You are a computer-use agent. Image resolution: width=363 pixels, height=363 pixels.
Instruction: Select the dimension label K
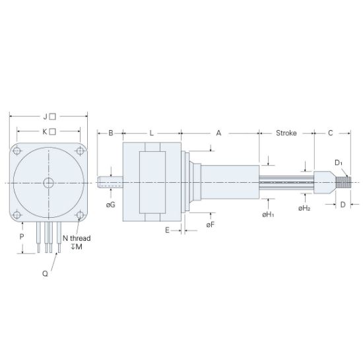pyautogui.click(x=46, y=131)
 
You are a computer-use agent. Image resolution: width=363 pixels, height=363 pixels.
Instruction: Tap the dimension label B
pyautogui.click(x=111, y=133)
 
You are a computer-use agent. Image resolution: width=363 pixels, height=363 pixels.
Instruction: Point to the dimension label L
pyautogui.click(x=151, y=133)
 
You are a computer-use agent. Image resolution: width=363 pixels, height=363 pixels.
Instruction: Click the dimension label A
pyautogui.click(x=218, y=133)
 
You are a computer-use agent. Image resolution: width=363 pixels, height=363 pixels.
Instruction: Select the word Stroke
pyautogui.click(x=286, y=133)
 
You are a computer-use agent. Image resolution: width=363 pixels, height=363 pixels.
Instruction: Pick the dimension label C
pyautogui.click(x=330, y=133)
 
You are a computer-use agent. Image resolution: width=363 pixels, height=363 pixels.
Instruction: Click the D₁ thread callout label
pyautogui.click(x=338, y=162)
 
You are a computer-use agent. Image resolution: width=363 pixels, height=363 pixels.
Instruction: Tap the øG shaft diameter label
pyautogui.click(x=110, y=205)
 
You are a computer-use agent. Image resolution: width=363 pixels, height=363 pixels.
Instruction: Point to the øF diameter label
pyautogui.click(x=210, y=226)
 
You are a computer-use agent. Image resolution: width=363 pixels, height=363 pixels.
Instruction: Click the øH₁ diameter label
pyautogui.click(x=267, y=214)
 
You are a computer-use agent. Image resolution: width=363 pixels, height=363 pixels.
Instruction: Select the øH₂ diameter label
pyautogui.click(x=304, y=208)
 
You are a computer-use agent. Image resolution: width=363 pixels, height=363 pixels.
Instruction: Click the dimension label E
pyautogui.click(x=168, y=230)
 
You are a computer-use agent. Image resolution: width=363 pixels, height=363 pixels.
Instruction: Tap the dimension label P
pyautogui.click(x=22, y=236)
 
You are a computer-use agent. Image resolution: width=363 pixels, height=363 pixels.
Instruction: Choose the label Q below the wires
pyautogui.click(x=45, y=272)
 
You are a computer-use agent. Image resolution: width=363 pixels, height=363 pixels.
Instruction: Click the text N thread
pyautogui.click(x=76, y=238)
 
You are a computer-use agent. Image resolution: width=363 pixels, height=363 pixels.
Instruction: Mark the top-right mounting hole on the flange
pyautogui.click(x=80, y=151)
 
